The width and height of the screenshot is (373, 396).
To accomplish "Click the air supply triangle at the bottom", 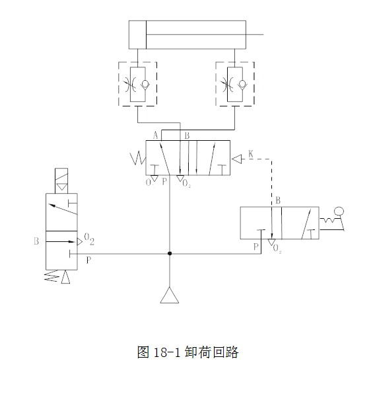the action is (x=170, y=295).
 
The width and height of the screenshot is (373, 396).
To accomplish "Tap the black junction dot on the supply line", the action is (x=170, y=253).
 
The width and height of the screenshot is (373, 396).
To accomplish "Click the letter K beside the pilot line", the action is (x=251, y=154).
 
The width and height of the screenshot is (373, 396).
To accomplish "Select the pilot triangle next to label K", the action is (x=236, y=159).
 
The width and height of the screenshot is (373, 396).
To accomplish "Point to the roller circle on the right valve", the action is (x=339, y=212).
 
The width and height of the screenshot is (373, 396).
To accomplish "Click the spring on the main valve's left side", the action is (x=138, y=159).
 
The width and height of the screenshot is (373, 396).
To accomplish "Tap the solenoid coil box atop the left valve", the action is (x=61, y=181).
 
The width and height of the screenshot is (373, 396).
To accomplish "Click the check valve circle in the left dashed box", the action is (x=145, y=83).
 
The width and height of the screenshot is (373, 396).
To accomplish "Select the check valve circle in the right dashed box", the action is (x=242, y=83).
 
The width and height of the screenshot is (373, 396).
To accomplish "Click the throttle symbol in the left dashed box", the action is (x=130, y=85).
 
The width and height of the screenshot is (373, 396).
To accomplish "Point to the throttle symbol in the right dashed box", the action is (x=227, y=85).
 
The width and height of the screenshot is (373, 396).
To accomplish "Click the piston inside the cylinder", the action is (x=146, y=34).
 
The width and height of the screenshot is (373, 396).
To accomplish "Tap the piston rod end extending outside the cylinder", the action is (x=263, y=34).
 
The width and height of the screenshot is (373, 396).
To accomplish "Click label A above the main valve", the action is (x=156, y=136).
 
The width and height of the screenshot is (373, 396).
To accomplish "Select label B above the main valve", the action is (x=187, y=136).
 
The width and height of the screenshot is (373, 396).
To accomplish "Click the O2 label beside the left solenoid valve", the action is (x=89, y=239).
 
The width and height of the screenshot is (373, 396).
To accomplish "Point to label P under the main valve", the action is (x=164, y=181).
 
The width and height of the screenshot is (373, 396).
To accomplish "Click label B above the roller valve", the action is (x=278, y=200).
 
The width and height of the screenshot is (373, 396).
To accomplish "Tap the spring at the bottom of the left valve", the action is (x=52, y=276).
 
